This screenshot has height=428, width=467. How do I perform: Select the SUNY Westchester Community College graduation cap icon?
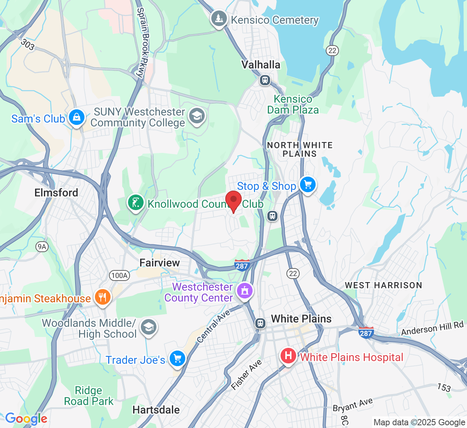tap(197, 116)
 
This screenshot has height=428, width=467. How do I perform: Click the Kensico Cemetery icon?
tap(219, 19)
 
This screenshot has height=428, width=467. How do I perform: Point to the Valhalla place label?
tap(261, 65)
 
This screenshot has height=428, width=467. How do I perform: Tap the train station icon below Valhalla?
tap(265, 81)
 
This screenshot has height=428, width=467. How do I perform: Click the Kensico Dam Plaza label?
tap(293, 105)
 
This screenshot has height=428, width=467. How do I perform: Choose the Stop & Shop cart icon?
tap(308, 185)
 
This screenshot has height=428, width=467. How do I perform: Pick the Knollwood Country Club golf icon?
tap(135, 203)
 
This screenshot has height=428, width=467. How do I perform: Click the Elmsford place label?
tap(56, 193)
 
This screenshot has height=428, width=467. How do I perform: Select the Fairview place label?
tap(160, 263)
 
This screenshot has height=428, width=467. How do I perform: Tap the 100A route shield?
tap(119, 275)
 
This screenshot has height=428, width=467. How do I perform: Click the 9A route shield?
tap(42, 246)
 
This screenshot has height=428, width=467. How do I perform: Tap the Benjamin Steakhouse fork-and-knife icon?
tap(102, 298)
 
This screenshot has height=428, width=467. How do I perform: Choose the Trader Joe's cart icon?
tap(177, 359)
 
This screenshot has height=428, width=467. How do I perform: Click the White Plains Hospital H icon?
tap(288, 356)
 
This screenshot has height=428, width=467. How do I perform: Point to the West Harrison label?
tap(383, 285)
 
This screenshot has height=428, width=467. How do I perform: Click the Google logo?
tap(26, 419)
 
